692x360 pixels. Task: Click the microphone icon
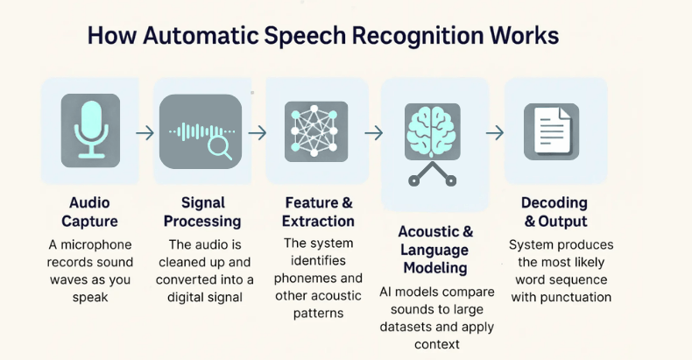pyautogui.click(x=90, y=131)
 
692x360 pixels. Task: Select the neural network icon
pyautogui.click(x=315, y=131)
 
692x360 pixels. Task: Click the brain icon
pyautogui.click(x=432, y=129)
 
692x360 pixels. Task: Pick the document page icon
pyautogui.click(x=551, y=131)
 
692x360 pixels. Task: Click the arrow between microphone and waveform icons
pyautogui.click(x=145, y=132)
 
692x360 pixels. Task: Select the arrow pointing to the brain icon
pyautogui.click(x=373, y=132)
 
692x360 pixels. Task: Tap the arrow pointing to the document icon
pyautogui.click(x=495, y=132)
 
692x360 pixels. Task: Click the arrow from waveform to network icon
pyautogui.click(x=258, y=132)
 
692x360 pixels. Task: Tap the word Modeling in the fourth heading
pyautogui.click(x=435, y=268)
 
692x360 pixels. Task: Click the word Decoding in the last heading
pyautogui.click(x=554, y=202)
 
